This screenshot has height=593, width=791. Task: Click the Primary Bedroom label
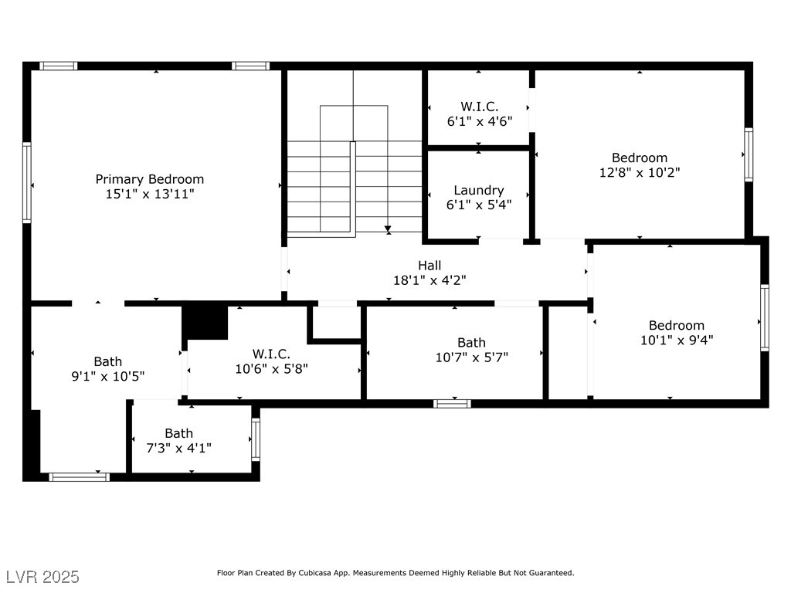click(150, 179)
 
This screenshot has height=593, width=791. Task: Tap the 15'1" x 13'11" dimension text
click(150, 194)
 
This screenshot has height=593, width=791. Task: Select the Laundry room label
click(479, 191)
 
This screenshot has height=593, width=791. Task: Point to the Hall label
click(429, 266)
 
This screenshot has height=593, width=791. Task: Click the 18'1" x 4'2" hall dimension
click(429, 280)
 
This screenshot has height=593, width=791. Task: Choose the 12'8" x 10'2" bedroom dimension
click(640, 172)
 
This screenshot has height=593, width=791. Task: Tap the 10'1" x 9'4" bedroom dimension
click(677, 341)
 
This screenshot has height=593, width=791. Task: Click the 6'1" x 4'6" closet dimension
click(479, 121)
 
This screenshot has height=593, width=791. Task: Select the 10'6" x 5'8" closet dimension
click(271, 369)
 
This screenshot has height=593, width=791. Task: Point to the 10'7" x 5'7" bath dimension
click(472, 357)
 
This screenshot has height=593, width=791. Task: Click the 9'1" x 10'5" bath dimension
click(108, 376)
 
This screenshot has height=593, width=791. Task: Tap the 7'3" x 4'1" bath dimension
click(178, 448)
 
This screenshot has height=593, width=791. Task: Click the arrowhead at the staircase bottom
click(388, 229)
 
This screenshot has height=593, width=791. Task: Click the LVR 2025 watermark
click(43, 577)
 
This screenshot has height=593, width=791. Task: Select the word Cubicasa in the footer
click(315, 573)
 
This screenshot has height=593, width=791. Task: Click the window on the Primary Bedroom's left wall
click(27, 182)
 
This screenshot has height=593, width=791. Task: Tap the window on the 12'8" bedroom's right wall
click(749, 154)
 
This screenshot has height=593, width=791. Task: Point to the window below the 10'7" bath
click(452, 403)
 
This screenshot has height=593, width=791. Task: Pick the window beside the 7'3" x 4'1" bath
click(256, 439)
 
